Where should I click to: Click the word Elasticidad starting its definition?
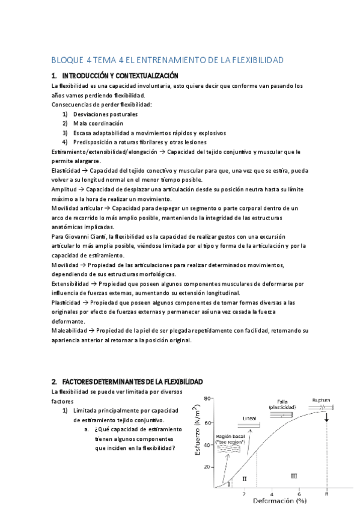[66, 171]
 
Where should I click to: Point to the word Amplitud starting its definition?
[64, 189]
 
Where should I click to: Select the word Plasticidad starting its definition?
[66, 303]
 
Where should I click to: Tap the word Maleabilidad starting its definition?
[69, 331]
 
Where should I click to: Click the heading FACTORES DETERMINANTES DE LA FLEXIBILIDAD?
[132, 382]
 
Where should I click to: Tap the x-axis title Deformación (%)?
[279, 501]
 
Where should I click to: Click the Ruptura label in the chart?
[322, 399]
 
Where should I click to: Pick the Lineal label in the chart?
[249, 419]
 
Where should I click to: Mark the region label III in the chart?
[293, 476]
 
